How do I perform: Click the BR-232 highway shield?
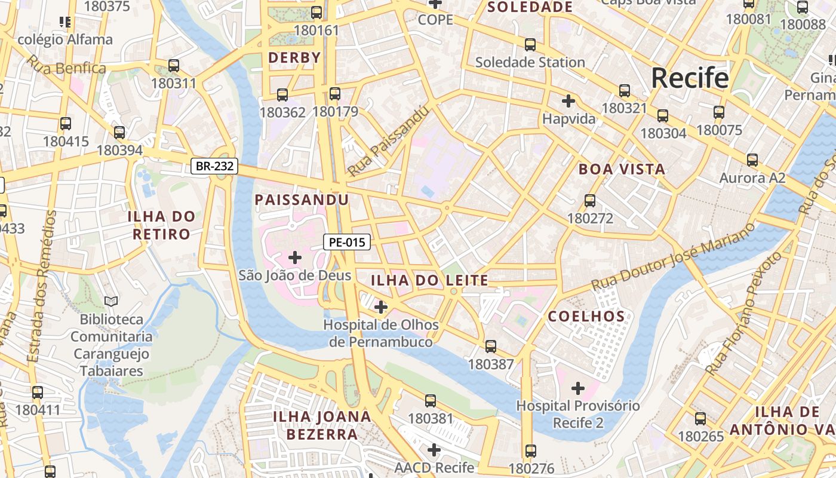pos(215,166)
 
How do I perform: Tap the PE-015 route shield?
pos(347,242)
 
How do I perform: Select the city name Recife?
pos(690,78)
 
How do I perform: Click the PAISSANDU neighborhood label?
pos(302,200)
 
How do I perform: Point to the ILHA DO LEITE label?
pos(429,280)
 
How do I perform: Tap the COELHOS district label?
pos(586,317)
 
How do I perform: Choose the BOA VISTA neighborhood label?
pos(622,169)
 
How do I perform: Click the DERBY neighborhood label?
pos(294,58)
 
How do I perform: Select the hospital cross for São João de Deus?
pos(295,258)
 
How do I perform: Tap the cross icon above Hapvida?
pos(568,100)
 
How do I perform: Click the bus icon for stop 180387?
pos(491,346)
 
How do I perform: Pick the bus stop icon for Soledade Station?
pos(530,44)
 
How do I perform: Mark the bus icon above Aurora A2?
pos(752,160)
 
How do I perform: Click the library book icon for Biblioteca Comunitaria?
pos(111,301)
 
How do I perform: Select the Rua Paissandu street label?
pos(389,142)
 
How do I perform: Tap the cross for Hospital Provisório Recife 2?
pos(577,388)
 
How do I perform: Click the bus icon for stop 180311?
pos(174,65)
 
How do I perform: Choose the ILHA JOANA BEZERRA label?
pos(322,425)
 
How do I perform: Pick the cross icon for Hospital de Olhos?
pos(380,307)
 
